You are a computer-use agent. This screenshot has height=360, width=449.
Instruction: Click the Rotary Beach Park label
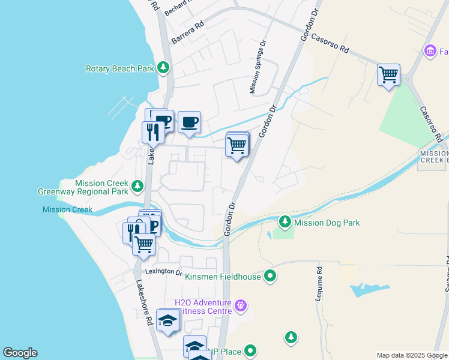click(119, 68)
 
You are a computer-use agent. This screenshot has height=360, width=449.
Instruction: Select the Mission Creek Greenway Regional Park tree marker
click(138, 186)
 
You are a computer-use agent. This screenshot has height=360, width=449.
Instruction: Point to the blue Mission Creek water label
click(67, 209)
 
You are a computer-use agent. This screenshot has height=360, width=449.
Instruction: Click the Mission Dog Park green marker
click(285, 223)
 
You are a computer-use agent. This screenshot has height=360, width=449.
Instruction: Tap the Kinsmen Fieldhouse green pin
click(270, 277)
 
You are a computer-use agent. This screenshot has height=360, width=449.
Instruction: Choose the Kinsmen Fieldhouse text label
click(224, 277)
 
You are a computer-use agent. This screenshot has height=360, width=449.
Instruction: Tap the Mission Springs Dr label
click(257, 67)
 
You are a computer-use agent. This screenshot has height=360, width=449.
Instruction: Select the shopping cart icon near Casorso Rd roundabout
click(388, 75)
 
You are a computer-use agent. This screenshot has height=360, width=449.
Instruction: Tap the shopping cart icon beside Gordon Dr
click(237, 145)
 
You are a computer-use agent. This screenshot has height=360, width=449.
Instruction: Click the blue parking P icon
click(154, 226)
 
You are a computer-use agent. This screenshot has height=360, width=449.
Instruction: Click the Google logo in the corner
click(20, 353)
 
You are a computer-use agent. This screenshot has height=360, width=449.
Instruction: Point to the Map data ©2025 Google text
click(412, 355)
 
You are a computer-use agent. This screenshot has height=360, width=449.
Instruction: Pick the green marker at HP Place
click(250, 351)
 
